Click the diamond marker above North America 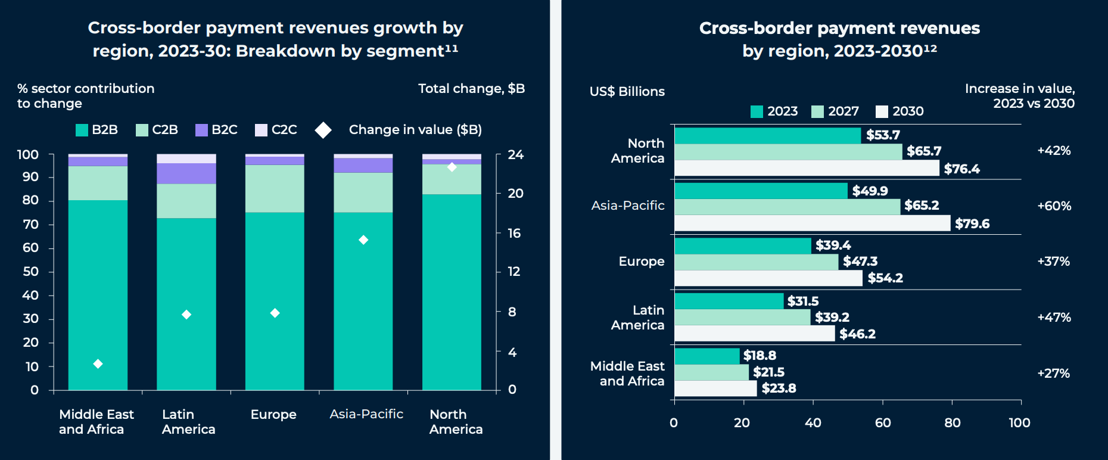coord(452,167)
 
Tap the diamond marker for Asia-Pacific coord(363,240)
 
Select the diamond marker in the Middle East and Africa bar coord(98,364)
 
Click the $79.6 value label coord(972,223)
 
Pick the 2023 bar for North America coord(767,135)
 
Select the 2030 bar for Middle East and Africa coord(715,388)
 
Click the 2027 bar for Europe coord(756,262)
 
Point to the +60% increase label coord(1054,206)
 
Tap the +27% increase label coord(1053,374)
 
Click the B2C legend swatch coord(201,130)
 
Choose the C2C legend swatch coord(261,130)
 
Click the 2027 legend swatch coord(817,111)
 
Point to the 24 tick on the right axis coord(515,155)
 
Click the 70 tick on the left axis coord(30,225)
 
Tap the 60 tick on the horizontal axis coord(883,423)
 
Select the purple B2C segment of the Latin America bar coord(186,173)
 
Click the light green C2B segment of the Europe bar coord(275,188)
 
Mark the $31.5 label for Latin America coord(802,301)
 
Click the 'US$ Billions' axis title coord(627,92)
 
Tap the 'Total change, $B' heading coord(471,89)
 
